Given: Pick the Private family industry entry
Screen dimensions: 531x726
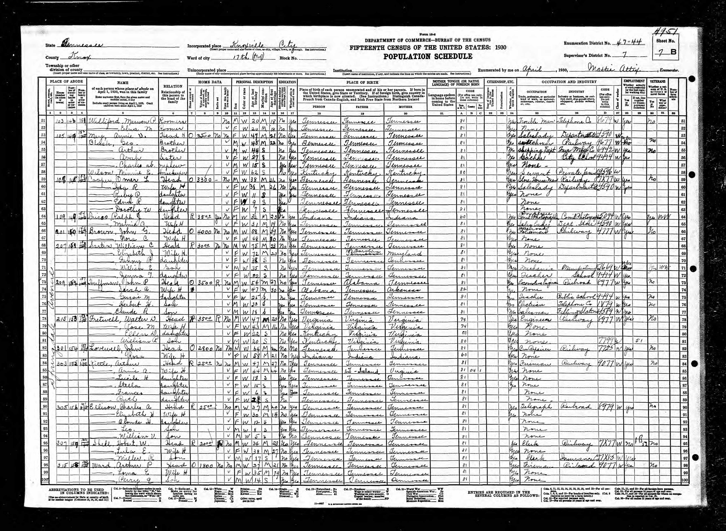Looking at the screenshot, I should (x=577, y=173).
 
